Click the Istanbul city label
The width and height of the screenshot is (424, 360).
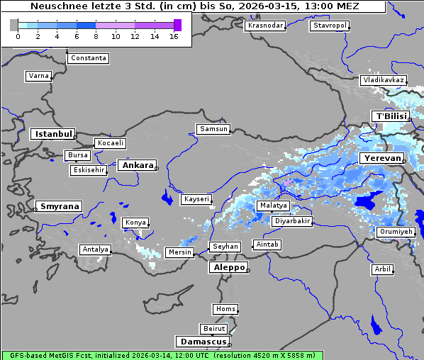(x=52, y=134)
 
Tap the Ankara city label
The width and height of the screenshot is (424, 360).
(x=137, y=165)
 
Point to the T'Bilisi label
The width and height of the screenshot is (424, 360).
(x=391, y=116)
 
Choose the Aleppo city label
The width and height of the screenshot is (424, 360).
(x=228, y=267)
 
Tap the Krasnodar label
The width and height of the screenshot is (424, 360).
(x=265, y=26)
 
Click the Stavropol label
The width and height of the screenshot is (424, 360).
(x=330, y=26)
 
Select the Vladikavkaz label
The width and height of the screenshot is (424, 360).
(x=383, y=80)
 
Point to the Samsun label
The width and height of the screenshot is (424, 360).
(x=213, y=129)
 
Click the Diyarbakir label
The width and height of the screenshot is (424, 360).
(x=292, y=221)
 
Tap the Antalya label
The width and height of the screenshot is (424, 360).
(x=95, y=249)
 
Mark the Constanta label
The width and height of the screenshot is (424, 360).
(x=89, y=58)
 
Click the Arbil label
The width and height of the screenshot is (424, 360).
(x=382, y=269)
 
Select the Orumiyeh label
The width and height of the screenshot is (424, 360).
(x=395, y=232)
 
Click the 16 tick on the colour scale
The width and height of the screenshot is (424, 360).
(x=174, y=36)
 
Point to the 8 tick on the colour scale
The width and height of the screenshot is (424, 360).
(x=96, y=36)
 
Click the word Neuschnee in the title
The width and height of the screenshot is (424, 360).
(x=55, y=6)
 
